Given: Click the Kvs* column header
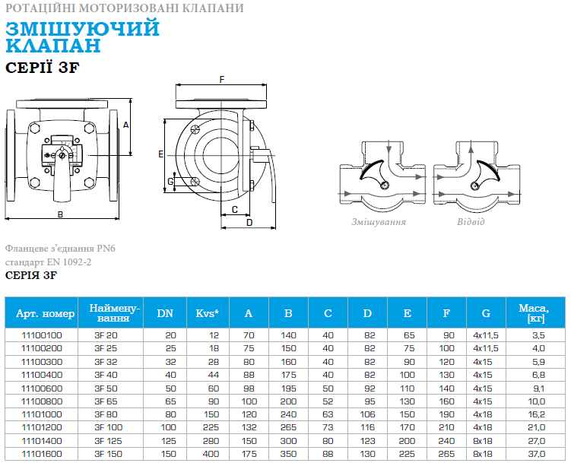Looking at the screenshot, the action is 208,313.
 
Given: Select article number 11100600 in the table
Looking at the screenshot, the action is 42,388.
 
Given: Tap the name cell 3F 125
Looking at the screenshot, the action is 109,441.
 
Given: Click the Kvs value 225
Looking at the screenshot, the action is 211,427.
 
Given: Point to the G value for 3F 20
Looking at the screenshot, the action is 486,335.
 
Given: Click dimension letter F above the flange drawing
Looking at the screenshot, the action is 222,79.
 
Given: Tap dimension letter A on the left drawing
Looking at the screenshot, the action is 126,125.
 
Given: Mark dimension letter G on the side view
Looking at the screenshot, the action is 170,181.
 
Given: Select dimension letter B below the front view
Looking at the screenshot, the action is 61,214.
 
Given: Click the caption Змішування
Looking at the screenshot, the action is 379,222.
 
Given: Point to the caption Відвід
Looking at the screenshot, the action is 471,222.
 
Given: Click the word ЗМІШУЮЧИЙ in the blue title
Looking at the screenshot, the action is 83,28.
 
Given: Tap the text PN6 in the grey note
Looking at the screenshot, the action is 106,249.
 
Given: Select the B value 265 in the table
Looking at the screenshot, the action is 288,427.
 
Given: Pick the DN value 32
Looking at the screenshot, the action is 170,362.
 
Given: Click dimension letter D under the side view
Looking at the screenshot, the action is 249,223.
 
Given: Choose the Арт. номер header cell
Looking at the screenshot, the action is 45,313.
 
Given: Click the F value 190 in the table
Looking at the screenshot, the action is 446,414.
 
